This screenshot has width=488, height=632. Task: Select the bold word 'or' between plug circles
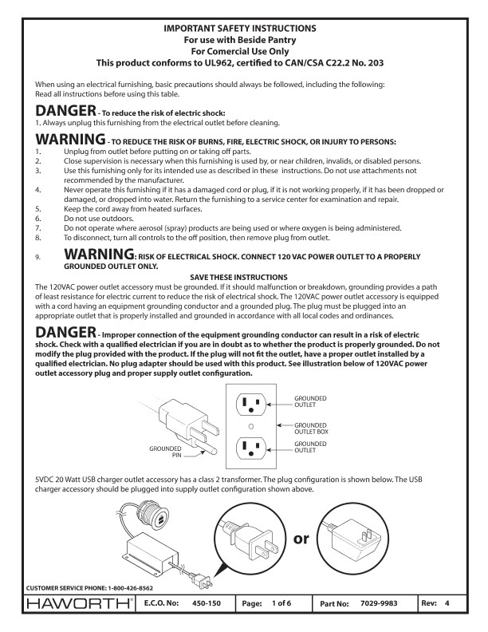tap(301, 539)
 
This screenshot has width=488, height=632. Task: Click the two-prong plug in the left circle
tap(249, 539)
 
